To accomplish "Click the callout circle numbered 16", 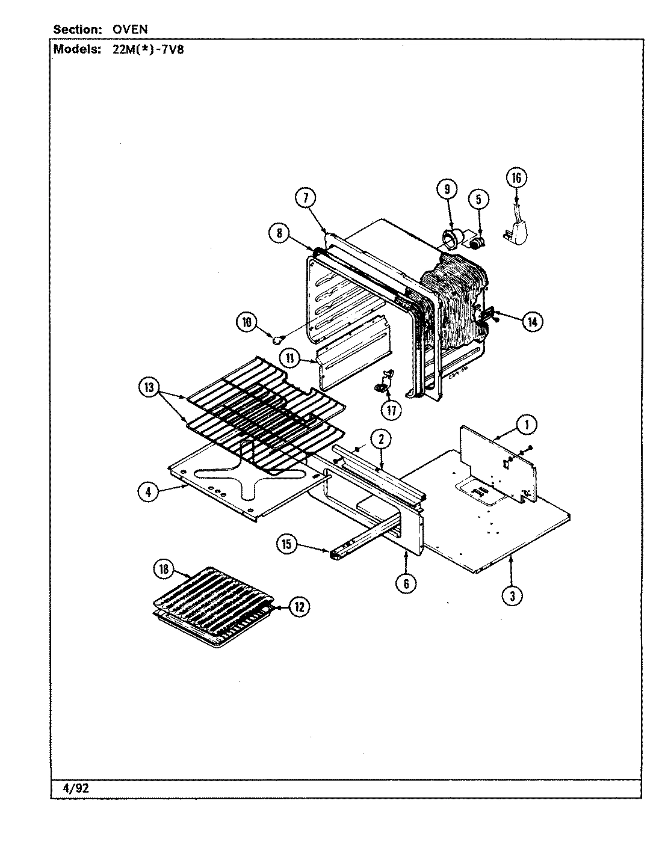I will [x=516, y=177].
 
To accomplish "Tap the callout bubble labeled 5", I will [x=478, y=199].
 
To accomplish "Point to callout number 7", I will [x=305, y=197].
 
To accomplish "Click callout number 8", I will [x=279, y=233].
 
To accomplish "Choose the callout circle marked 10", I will [x=246, y=322].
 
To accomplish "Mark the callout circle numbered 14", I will [x=532, y=322].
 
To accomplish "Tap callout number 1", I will [x=527, y=425].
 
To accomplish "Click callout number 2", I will [x=381, y=439].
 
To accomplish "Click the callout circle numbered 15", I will [x=286, y=544].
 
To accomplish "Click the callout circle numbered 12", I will [x=299, y=607].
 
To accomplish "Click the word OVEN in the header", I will [x=130, y=29].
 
